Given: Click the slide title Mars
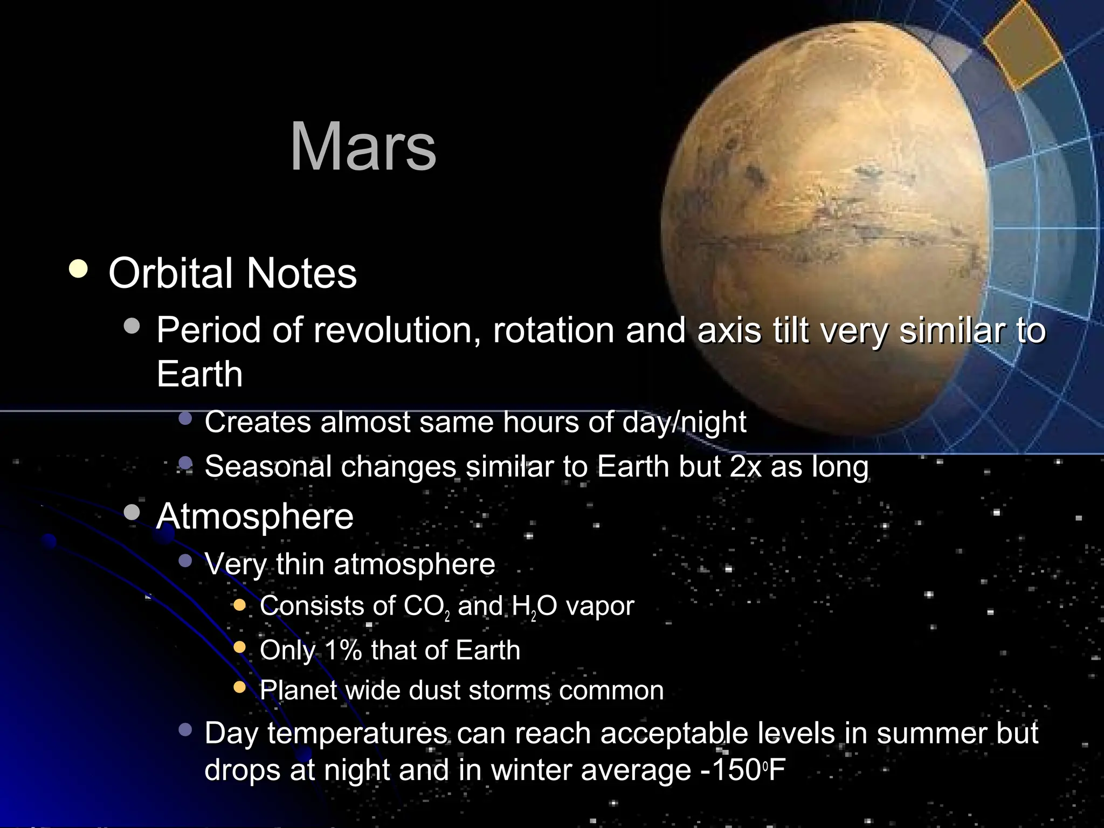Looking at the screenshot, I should (363, 147).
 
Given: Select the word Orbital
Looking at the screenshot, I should (171, 273).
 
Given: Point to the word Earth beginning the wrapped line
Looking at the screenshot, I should (199, 374).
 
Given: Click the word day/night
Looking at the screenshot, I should (684, 422).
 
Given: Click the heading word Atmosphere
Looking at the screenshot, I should (254, 516).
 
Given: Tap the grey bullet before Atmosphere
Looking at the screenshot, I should (132, 512).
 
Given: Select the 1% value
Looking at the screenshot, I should (343, 650).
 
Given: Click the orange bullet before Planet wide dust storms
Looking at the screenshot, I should (240, 687).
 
